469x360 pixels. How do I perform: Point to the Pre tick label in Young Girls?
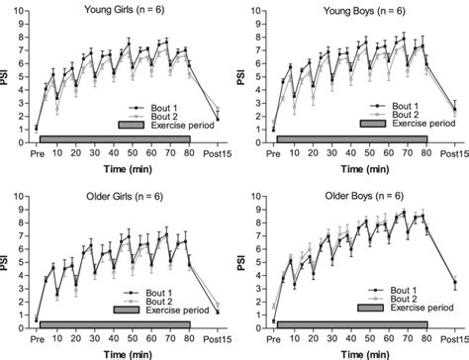coord(37,153)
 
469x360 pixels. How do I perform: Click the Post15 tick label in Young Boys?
coord(455,153)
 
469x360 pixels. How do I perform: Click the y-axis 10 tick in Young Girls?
coord(21,12)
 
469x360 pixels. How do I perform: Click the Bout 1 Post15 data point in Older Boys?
coord(454,284)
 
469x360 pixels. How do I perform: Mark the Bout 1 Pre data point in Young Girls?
coord(37,128)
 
